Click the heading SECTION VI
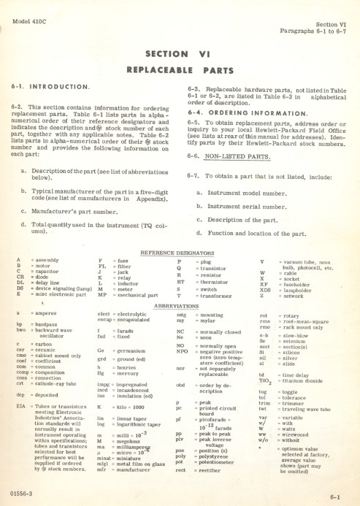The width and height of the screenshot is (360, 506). (178, 53)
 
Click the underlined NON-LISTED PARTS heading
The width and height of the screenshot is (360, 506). (231, 156)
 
